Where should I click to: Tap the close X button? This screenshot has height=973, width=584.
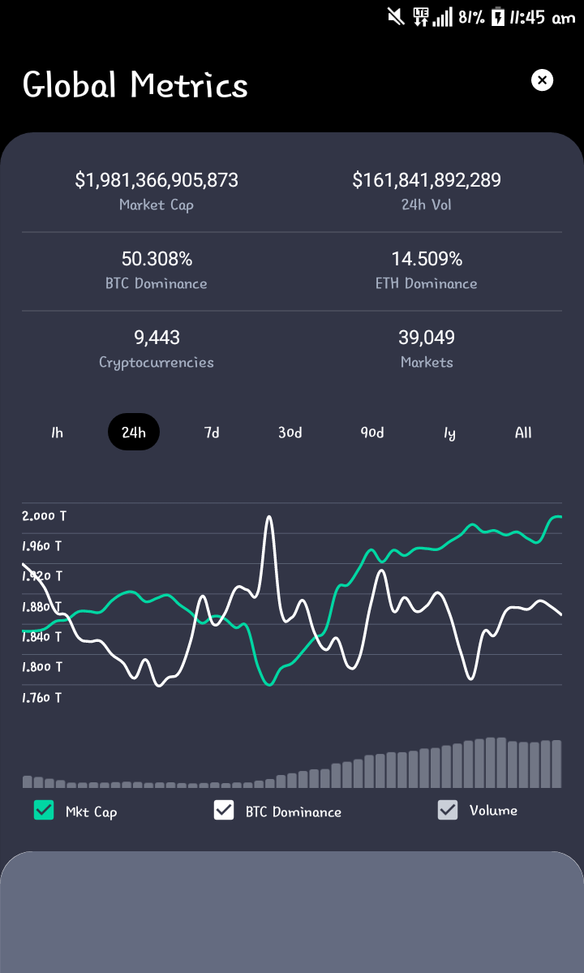(x=542, y=80)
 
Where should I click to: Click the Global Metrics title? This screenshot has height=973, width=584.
(x=135, y=84)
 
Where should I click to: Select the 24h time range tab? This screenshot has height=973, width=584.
(x=134, y=432)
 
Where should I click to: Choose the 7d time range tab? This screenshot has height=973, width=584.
(x=212, y=432)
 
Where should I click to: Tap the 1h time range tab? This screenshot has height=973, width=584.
(x=57, y=432)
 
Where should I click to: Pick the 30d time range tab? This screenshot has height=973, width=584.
(x=290, y=432)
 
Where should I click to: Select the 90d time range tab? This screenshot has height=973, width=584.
(x=372, y=432)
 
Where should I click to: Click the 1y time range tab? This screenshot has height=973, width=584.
(x=449, y=433)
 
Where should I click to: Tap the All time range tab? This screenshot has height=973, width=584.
(x=523, y=432)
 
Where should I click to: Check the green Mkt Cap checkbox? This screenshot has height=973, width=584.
(x=44, y=810)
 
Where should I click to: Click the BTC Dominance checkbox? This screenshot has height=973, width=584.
(x=224, y=810)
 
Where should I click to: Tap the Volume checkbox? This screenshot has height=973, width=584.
(x=448, y=810)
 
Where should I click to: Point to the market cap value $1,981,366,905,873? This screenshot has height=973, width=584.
(x=157, y=180)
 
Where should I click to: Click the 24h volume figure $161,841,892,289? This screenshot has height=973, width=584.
(x=427, y=180)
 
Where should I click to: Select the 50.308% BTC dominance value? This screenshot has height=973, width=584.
(x=157, y=259)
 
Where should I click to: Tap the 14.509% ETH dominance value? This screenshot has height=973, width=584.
(x=427, y=259)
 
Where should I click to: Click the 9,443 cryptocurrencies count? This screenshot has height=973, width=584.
(x=157, y=338)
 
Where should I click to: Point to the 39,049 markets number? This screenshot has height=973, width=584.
(x=427, y=338)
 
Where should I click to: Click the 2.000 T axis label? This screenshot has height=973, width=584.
(x=44, y=515)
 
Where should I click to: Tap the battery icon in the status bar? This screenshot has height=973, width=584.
(x=498, y=17)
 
